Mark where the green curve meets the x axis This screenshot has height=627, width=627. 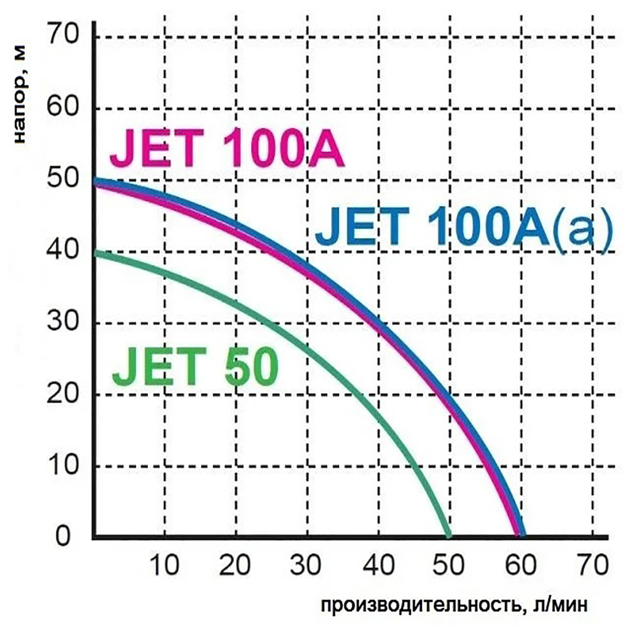449,537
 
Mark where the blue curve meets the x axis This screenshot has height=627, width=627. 522,537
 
